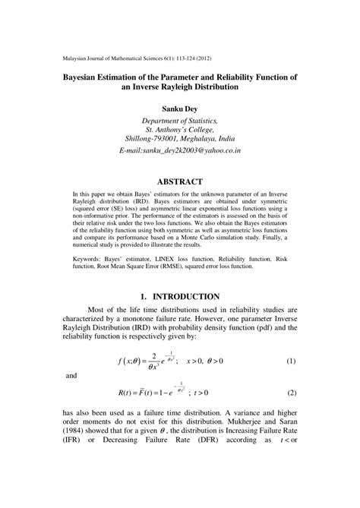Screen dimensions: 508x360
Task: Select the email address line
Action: [x=180, y=152]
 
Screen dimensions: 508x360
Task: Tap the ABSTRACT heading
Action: [x=179, y=181]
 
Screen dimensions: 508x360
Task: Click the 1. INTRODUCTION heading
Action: [x=179, y=296]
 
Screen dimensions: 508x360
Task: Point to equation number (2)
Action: [x=291, y=393]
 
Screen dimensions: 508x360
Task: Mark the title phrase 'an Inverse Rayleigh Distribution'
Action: [x=179, y=87]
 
